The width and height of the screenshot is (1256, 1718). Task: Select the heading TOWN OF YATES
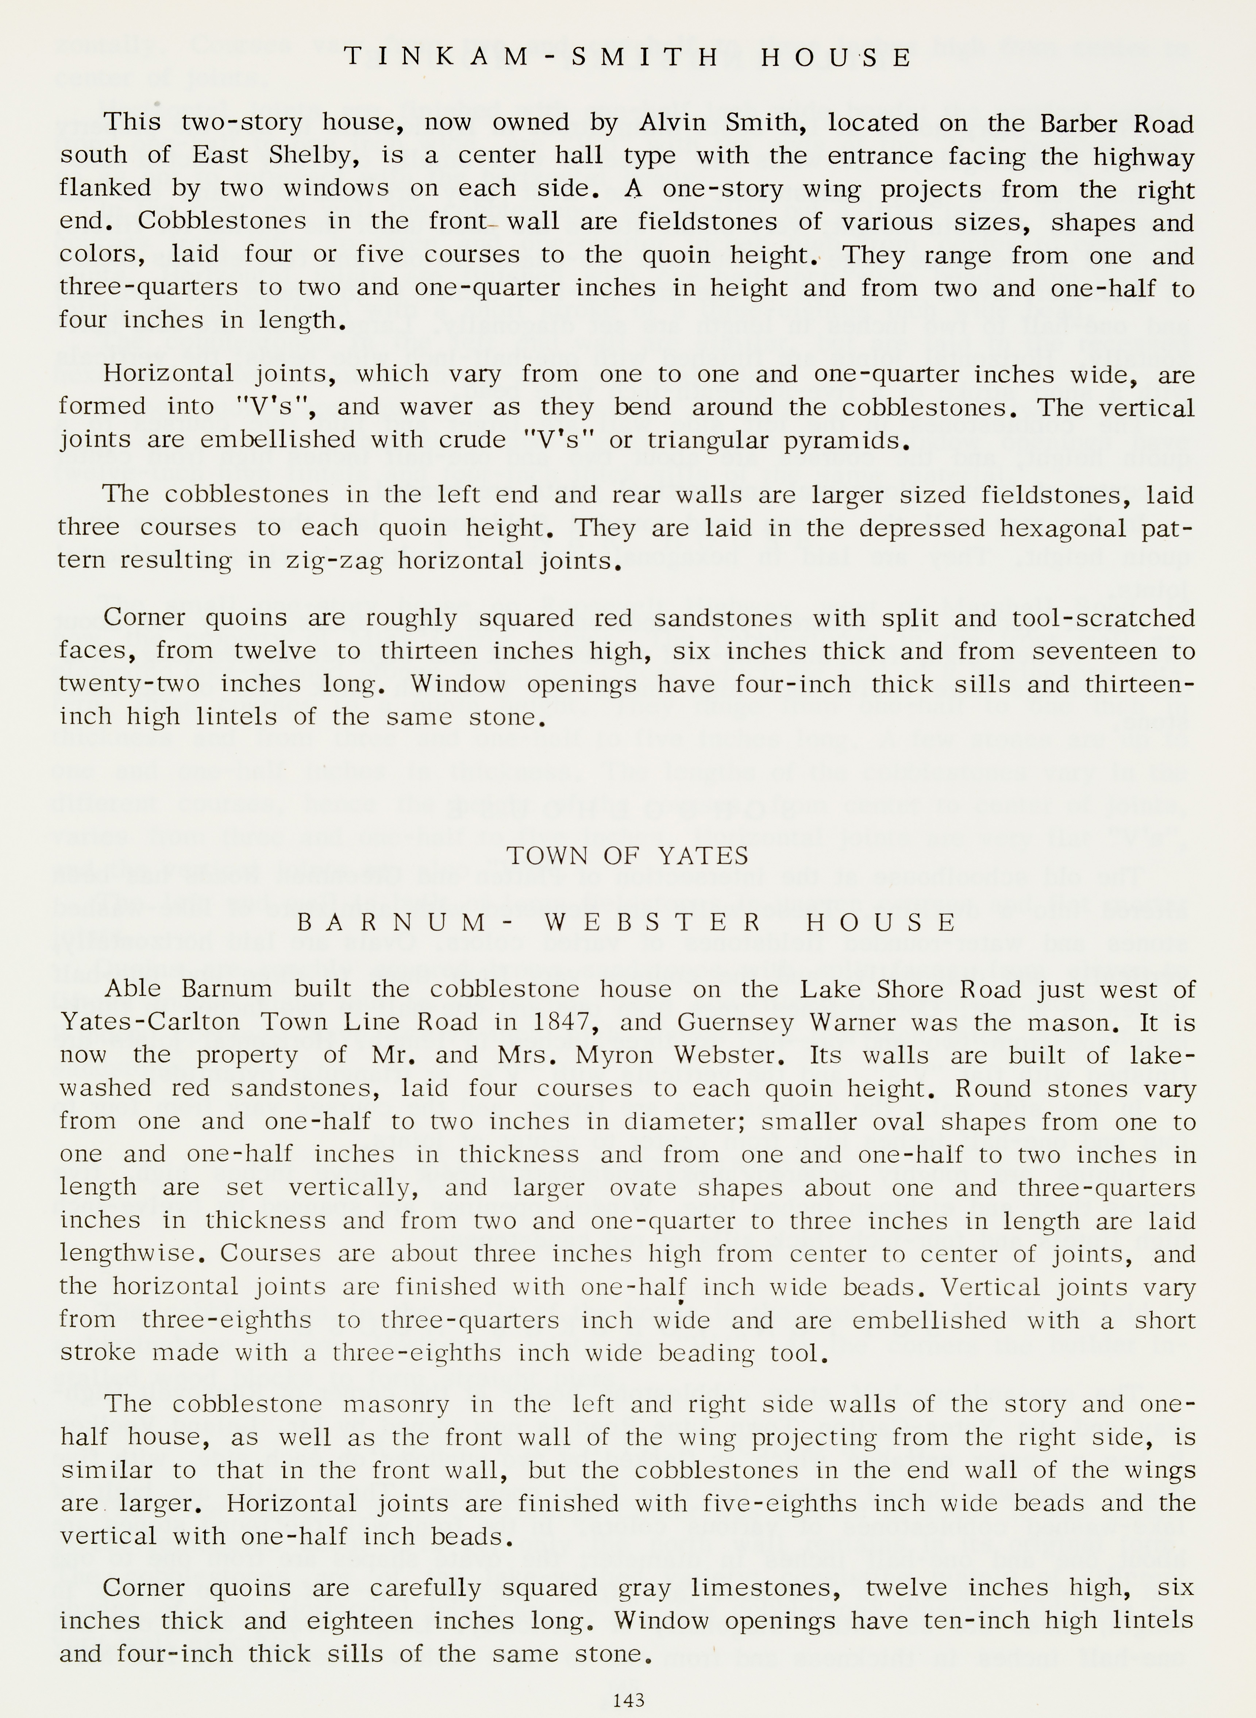pos(628,857)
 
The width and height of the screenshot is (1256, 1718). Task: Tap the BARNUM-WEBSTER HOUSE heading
pos(628,923)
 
